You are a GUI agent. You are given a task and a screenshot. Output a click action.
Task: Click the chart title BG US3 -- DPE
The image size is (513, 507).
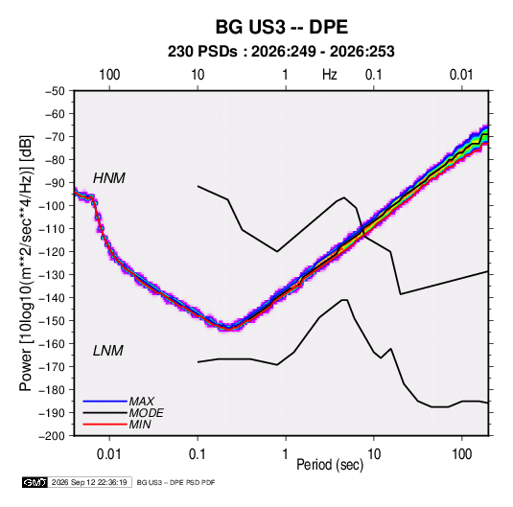[x=281, y=27]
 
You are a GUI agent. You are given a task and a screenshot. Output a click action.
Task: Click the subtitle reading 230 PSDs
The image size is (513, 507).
[x=202, y=52]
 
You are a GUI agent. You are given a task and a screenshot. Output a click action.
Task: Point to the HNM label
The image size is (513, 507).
[x=109, y=178]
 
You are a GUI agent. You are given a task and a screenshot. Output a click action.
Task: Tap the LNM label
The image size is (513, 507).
[x=108, y=351]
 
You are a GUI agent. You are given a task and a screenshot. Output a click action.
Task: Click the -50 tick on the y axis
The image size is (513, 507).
[x=55, y=91]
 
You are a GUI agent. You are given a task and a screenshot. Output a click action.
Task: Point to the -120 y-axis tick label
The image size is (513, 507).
[x=52, y=252]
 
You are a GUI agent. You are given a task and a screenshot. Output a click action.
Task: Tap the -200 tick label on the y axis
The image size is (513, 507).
[x=52, y=436]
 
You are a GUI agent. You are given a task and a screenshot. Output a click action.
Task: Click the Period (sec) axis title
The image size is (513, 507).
[x=330, y=465]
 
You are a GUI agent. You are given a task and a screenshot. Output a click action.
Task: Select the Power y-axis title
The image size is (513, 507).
[x=26, y=264]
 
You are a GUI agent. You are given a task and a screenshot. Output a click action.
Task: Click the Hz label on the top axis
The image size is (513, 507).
[x=330, y=75]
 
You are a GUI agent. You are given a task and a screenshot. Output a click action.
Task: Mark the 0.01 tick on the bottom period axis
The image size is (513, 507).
[x=109, y=454]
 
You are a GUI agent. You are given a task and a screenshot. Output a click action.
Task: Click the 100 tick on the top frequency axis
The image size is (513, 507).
[x=109, y=75]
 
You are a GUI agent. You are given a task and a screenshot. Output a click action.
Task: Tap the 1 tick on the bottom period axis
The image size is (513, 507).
[x=286, y=454]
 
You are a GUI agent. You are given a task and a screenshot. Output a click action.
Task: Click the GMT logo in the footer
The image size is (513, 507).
[x=35, y=482]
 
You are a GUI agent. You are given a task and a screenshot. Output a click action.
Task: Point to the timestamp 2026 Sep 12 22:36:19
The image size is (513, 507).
[x=89, y=482]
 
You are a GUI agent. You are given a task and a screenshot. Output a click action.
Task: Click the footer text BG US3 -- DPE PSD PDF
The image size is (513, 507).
[x=175, y=482]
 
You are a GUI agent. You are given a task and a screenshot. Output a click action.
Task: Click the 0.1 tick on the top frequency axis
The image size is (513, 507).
[x=374, y=75]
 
